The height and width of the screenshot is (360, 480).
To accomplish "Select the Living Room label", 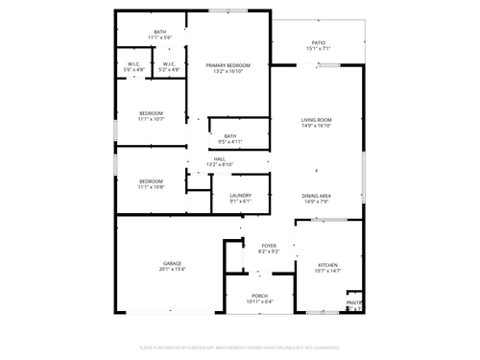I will (x=317, y=119).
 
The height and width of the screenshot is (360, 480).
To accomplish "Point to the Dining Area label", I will (x=317, y=196).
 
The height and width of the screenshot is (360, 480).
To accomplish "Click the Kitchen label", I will (x=328, y=265).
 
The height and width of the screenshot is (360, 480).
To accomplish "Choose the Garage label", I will (x=172, y=264).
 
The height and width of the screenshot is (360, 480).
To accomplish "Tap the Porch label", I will (x=259, y=296).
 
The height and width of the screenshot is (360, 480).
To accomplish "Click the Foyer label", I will (x=269, y=246).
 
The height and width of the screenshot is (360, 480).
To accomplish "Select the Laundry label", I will (x=240, y=196).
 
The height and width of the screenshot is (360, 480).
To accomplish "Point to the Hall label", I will (x=220, y=158).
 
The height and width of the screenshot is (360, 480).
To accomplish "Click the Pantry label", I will (x=354, y=303).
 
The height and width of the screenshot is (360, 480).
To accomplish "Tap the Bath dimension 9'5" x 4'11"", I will (x=230, y=141).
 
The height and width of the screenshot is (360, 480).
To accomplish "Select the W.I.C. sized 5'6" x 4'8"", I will (x=134, y=70).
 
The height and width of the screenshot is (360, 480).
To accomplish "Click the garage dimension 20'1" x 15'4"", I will (x=172, y=270).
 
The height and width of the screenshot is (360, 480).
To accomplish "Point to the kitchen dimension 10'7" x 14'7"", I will (x=328, y=271).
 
